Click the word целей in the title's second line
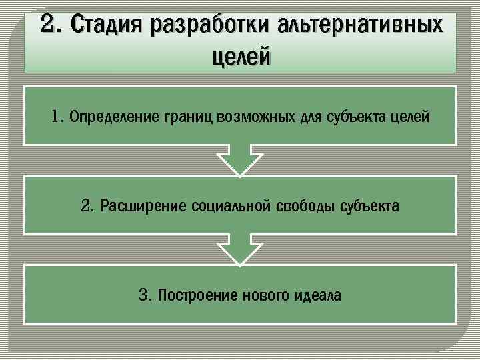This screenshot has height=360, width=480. click(241, 57)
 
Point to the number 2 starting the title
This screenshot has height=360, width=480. click(49, 25)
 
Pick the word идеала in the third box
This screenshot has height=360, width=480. click(317, 295)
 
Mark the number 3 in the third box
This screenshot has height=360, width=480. click(143, 295)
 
